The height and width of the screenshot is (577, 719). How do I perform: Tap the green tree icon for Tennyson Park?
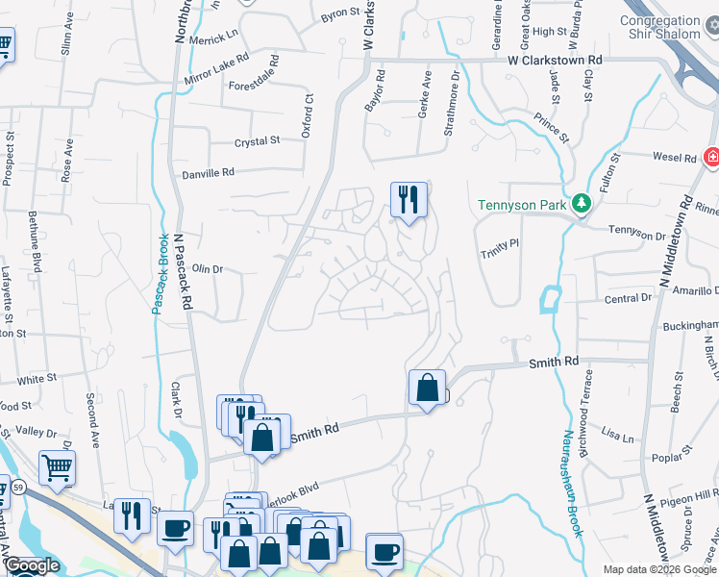[x=581, y=204]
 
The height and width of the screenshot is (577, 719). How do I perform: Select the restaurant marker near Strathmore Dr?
[x=409, y=200]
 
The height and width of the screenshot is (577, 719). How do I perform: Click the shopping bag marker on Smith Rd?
[x=427, y=389]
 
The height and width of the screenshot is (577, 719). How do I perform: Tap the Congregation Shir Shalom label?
[x=659, y=28]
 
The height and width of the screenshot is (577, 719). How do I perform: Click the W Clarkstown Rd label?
[x=555, y=60]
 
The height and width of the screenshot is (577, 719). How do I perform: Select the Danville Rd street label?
[x=208, y=174]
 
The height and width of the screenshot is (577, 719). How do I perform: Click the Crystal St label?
[x=257, y=141]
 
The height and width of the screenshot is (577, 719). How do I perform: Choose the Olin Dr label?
[x=208, y=269]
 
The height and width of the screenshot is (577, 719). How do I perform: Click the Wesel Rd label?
[x=674, y=157]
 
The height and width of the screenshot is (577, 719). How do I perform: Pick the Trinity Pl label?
[x=500, y=244]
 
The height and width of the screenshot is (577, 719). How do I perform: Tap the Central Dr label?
[x=629, y=299]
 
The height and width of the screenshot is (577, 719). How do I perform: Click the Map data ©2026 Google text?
[x=659, y=569]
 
